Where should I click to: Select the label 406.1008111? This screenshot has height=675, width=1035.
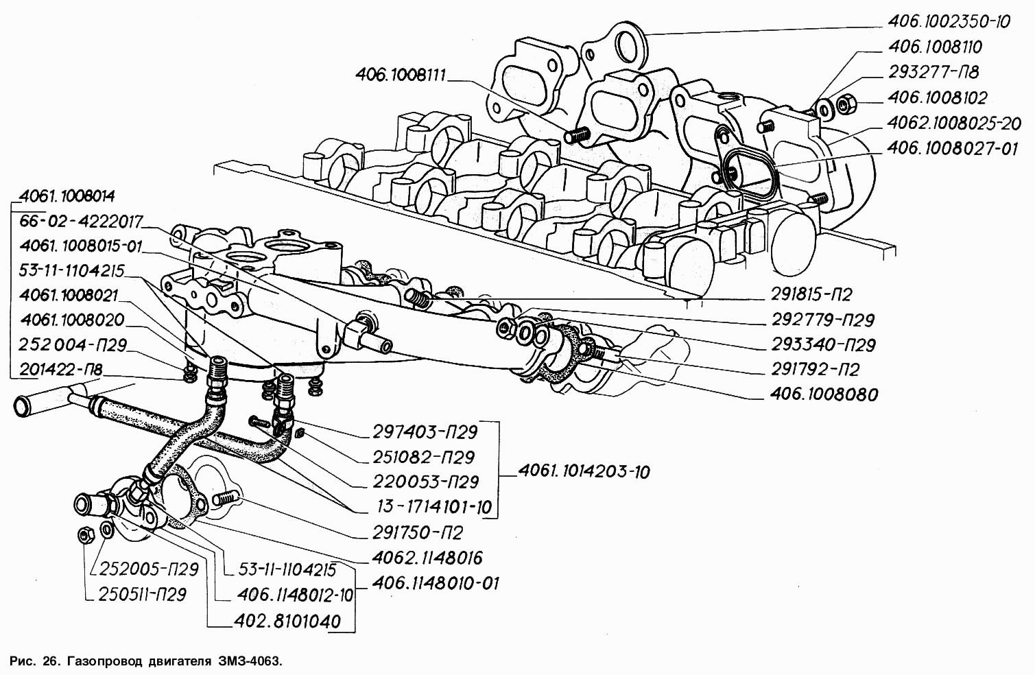(401, 75)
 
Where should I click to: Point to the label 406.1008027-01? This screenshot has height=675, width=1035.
(952, 148)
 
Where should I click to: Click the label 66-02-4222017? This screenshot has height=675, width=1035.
(81, 222)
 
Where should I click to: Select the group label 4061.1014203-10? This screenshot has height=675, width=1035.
(583, 471)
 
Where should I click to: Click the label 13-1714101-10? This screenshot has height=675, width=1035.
(434, 508)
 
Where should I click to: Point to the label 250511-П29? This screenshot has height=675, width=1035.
(143, 594)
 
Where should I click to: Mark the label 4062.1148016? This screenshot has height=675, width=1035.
(428, 557)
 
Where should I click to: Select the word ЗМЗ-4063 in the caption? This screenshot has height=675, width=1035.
(250, 661)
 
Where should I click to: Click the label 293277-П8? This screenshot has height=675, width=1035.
(933, 72)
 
